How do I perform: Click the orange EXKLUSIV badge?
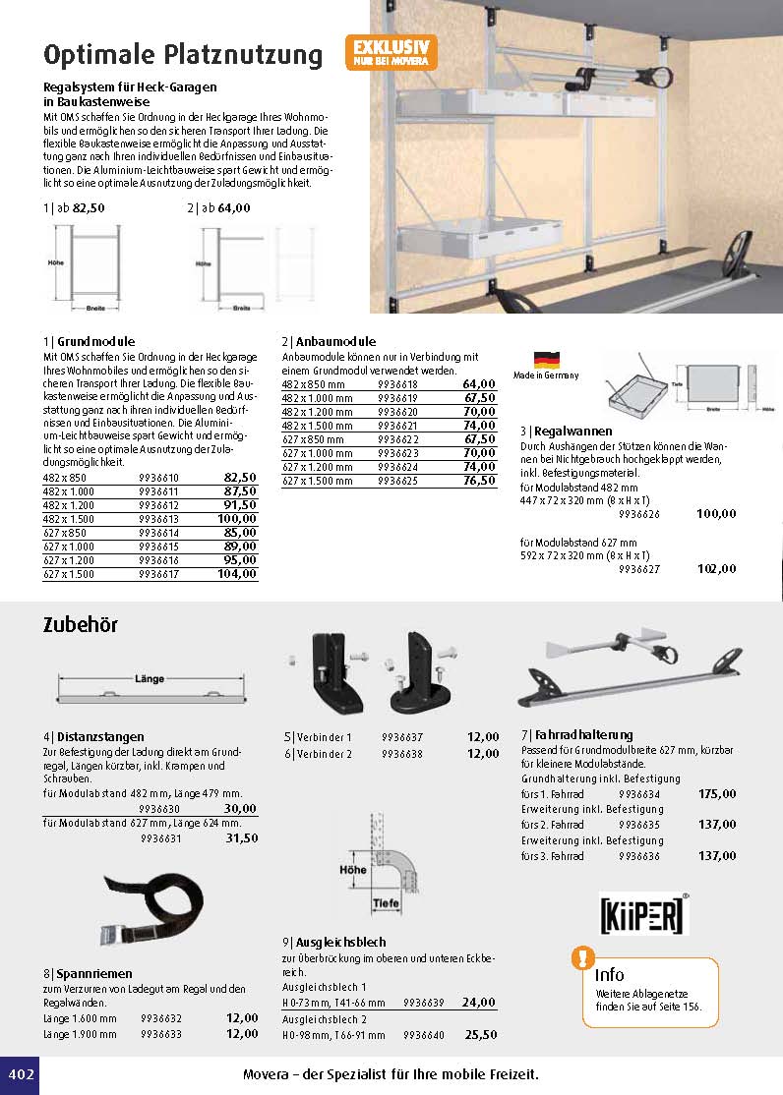[x=391, y=52]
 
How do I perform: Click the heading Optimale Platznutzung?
[x=183, y=54]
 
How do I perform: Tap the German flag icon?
[x=546, y=360]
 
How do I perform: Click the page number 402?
[x=21, y=1074]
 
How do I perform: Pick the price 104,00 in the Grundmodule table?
[x=236, y=574]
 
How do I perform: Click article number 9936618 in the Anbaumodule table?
[x=397, y=384]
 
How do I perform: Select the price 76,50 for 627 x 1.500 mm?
[x=479, y=481]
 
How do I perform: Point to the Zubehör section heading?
[x=81, y=625]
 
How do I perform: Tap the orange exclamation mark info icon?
[x=583, y=956]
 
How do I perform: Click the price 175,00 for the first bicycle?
[x=716, y=794]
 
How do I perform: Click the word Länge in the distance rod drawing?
[x=149, y=678]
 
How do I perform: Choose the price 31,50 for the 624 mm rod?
[x=241, y=838]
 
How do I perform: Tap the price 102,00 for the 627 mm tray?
[x=715, y=568]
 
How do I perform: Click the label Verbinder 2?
[x=324, y=754]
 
